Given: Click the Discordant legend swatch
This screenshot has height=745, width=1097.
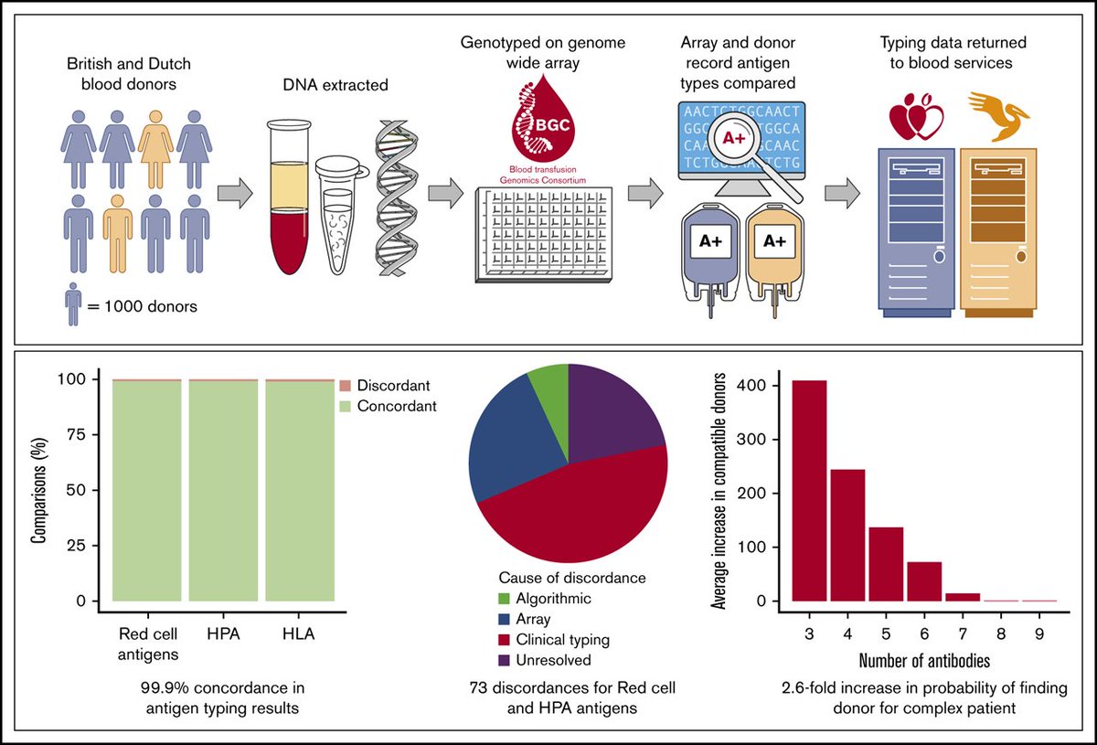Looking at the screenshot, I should click(x=345, y=387).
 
